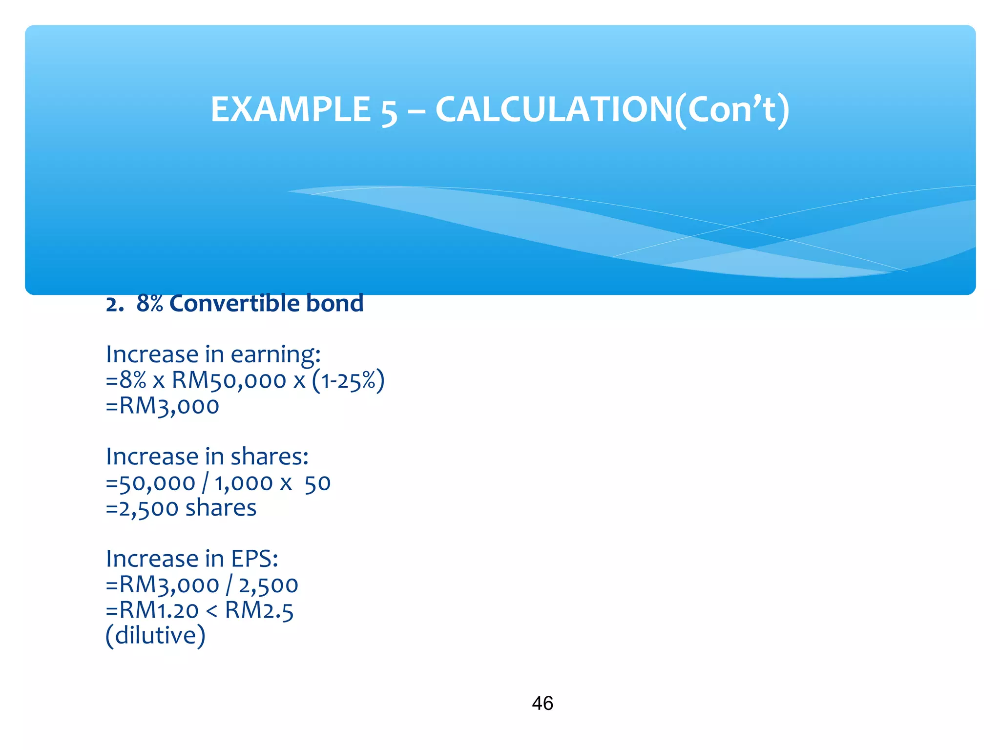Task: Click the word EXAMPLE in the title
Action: coord(291,109)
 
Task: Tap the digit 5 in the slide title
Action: coord(389,111)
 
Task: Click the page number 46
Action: coord(542,703)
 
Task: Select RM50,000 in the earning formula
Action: coord(229,380)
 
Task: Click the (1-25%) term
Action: coord(348,380)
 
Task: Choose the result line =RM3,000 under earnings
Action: coord(163,406)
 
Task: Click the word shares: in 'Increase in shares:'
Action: coord(270,457)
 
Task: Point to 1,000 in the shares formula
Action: coord(243,483)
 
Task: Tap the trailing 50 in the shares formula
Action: coord(317,483)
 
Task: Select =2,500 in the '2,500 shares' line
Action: coord(142,508)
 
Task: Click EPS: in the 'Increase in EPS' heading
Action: coord(254,559)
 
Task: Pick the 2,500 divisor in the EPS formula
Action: coord(268,585)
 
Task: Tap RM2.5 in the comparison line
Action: coord(259,610)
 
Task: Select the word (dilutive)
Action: coord(155,636)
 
